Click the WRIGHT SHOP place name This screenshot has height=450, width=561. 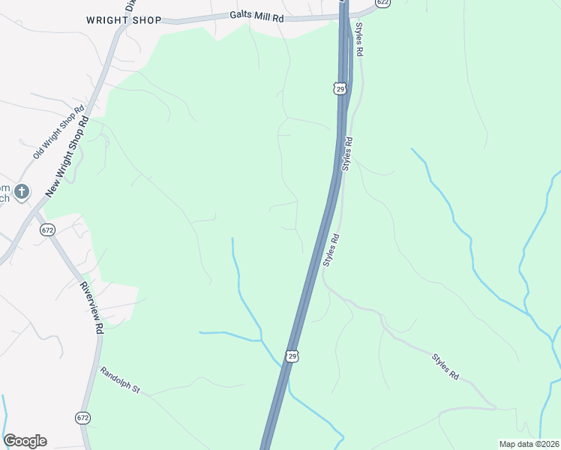pyautogui.click(x=123, y=20)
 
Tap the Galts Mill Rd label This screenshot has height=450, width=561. pyautogui.click(x=257, y=16)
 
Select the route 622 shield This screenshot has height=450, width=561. pyautogui.click(x=383, y=3)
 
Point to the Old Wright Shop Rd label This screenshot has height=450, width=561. pyautogui.click(x=58, y=132)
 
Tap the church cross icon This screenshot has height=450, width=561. pyautogui.click(x=22, y=191)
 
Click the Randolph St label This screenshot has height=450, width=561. pyautogui.click(x=120, y=379)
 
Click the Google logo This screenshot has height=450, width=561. pyautogui.click(x=25, y=441)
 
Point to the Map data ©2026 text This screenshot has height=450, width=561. pyautogui.click(x=529, y=444)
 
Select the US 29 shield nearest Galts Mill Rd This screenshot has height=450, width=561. pyautogui.click(x=340, y=89)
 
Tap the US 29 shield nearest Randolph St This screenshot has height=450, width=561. pyautogui.click(x=292, y=355)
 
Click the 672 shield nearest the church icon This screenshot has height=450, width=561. pyautogui.click(x=48, y=229)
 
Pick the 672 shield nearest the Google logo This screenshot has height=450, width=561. pyautogui.click(x=82, y=417)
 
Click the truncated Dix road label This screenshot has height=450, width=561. pyautogui.click(x=130, y=4)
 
